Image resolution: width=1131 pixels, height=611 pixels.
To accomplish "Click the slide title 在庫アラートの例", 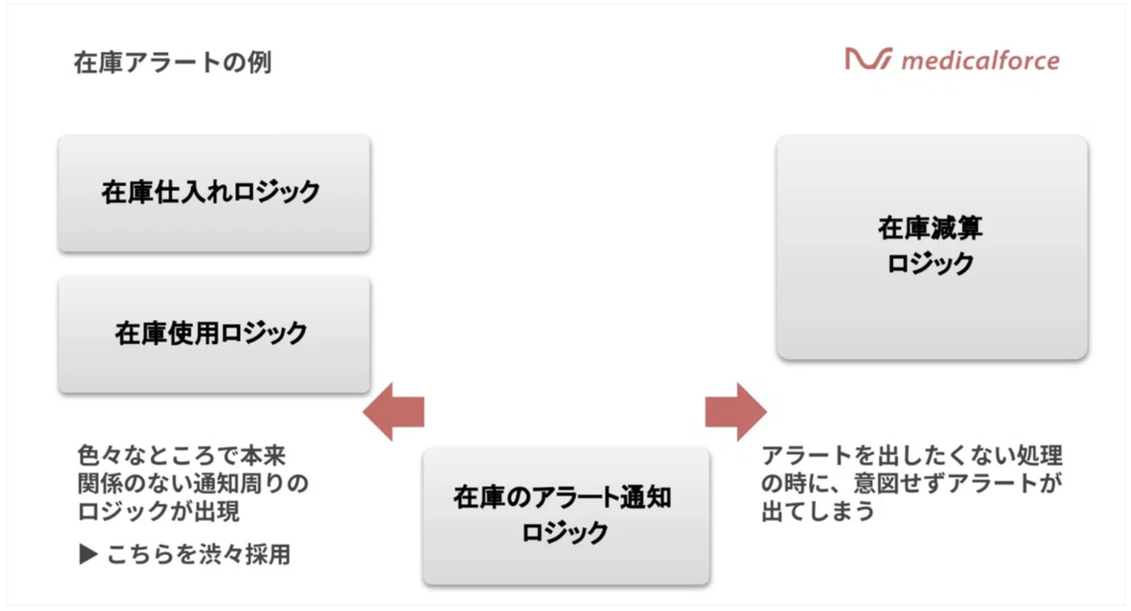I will [x=173, y=63].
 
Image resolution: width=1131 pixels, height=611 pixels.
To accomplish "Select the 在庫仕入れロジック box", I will [x=214, y=193].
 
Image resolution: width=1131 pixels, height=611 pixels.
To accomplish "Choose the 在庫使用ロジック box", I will [x=214, y=334].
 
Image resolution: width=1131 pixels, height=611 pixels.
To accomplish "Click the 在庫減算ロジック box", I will [x=932, y=247].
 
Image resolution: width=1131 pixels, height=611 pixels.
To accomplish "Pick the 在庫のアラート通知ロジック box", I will [x=565, y=515].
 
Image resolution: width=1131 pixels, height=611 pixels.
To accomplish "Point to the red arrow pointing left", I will [x=394, y=412].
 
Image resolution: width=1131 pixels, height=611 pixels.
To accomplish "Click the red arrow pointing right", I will [x=734, y=412].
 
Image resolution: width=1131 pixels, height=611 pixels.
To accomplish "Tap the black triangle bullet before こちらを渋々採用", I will [x=88, y=555].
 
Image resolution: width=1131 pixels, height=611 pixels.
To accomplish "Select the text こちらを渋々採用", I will [x=199, y=555].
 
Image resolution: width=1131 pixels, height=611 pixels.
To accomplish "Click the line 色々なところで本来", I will [x=181, y=456].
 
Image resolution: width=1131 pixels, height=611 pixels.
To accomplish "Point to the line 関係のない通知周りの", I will [x=193, y=484].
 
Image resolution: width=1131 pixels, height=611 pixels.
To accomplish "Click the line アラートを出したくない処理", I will [x=912, y=456].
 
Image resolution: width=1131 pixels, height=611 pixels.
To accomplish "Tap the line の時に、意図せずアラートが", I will [x=912, y=484].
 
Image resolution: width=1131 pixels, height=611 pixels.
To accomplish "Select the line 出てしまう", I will [x=818, y=512].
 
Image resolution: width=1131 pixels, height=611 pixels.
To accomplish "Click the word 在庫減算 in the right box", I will [x=931, y=229].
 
